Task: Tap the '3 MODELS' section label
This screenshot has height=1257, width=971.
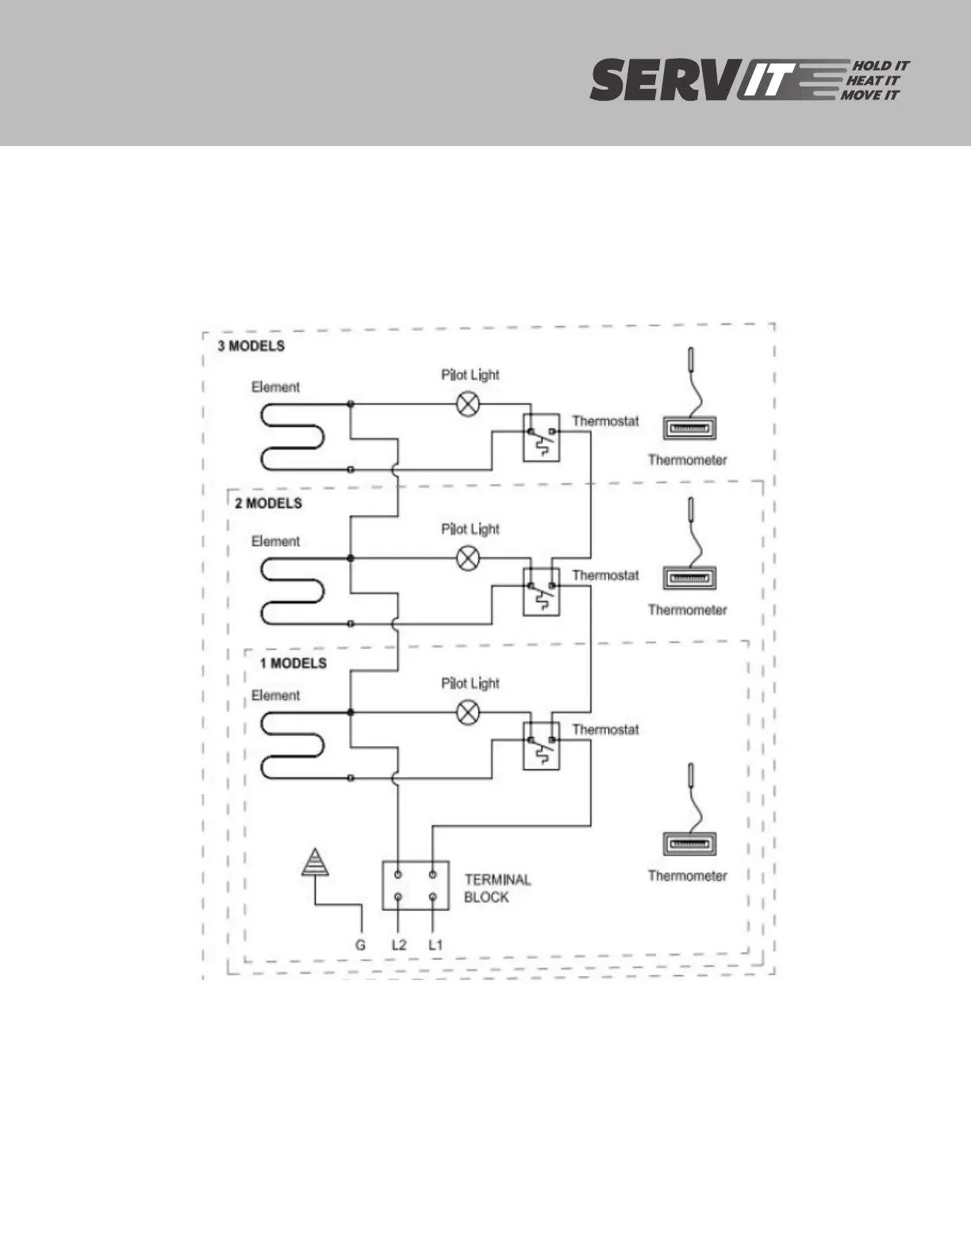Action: tap(251, 346)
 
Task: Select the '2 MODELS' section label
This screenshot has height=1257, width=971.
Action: tap(268, 503)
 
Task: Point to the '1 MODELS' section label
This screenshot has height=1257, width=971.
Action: tap(293, 663)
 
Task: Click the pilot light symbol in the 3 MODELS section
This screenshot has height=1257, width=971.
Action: tap(469, 405)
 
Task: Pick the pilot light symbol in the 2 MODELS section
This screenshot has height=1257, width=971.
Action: tap(469, 559)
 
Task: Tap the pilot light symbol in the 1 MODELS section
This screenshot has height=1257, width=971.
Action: tap(469, 713)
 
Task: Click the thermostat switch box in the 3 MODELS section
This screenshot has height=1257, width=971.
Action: tap(541, 437)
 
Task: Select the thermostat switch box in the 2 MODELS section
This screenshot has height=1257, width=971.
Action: tap(541, 591)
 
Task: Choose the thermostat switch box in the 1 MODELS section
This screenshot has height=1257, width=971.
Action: tap(541, 745)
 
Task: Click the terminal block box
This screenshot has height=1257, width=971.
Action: tap(415, 886)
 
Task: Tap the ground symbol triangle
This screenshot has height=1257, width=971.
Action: tap(315, 863)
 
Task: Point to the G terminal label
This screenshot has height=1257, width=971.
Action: tap(360, 945)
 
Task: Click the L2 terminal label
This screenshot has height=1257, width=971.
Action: tap(398, 945)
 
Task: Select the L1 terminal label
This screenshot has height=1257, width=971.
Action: tap(435, 945)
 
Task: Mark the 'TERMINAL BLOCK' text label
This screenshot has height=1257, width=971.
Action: tap(497, 888)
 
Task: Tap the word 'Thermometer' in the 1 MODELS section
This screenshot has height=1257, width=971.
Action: tap(687, 876)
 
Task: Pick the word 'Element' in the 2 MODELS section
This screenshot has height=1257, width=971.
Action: tap(275, 541)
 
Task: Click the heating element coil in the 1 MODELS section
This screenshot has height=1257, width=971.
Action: tap(294, 745)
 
